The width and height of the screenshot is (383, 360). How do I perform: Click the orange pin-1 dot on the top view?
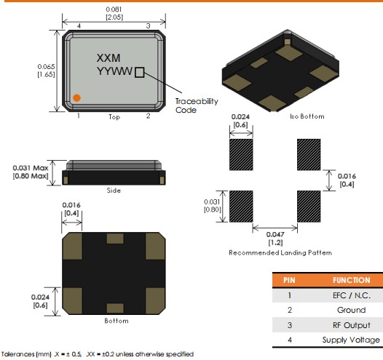tap(76, 97)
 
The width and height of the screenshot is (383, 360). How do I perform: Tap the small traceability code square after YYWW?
tap(140, 73)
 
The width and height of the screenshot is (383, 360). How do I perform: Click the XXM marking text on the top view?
tap(108, 58)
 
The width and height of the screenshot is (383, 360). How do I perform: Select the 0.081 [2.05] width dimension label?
tap(114, 13)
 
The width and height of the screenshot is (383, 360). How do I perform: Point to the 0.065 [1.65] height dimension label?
tap(46, 71)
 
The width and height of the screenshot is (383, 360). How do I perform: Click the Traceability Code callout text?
tap(197, 105)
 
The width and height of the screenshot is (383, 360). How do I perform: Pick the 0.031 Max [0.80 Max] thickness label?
tap(31, 172)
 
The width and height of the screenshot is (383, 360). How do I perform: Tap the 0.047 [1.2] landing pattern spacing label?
tap(275, 239)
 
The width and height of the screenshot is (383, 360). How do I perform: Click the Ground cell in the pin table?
tap(352, 310)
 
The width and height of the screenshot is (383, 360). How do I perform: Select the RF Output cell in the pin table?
tap(352, 325)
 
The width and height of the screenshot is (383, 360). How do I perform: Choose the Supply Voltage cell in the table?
tap(351, 340)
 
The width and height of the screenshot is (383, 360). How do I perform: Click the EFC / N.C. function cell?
tap(352, 295)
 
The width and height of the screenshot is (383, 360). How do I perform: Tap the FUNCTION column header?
tap(352, 280)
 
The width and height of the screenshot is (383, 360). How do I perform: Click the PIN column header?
tap(289, 280)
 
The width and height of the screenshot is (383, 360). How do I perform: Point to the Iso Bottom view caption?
tap(307, 116)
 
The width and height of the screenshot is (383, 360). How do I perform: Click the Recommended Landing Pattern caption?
tap(280, 252)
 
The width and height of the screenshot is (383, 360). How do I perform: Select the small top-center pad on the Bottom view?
tap(115, 239)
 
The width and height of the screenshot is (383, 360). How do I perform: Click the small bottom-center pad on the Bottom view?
tap(115, 308)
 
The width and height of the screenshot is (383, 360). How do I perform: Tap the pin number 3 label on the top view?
tap(148, 26)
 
